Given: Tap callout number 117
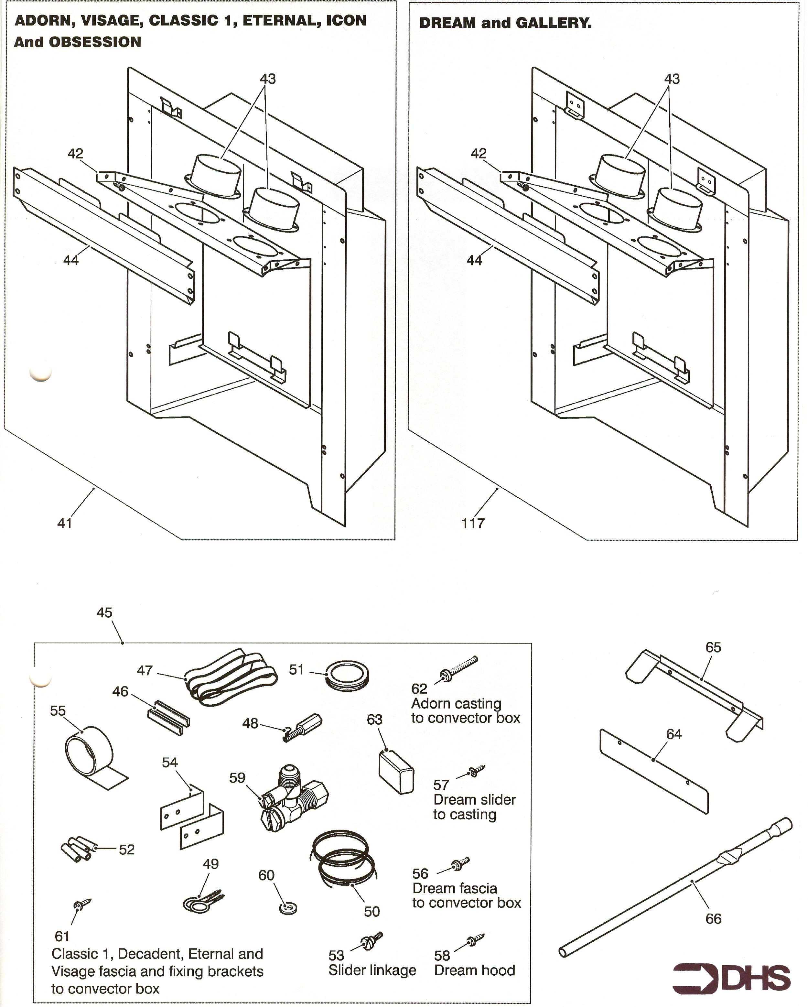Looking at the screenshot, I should click(473, 523).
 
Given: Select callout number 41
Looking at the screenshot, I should click(65, 523).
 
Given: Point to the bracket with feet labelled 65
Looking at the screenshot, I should click(696, 687).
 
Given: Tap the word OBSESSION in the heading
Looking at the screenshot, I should click(95, 42).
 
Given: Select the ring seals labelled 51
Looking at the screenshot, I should click(347, 676).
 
